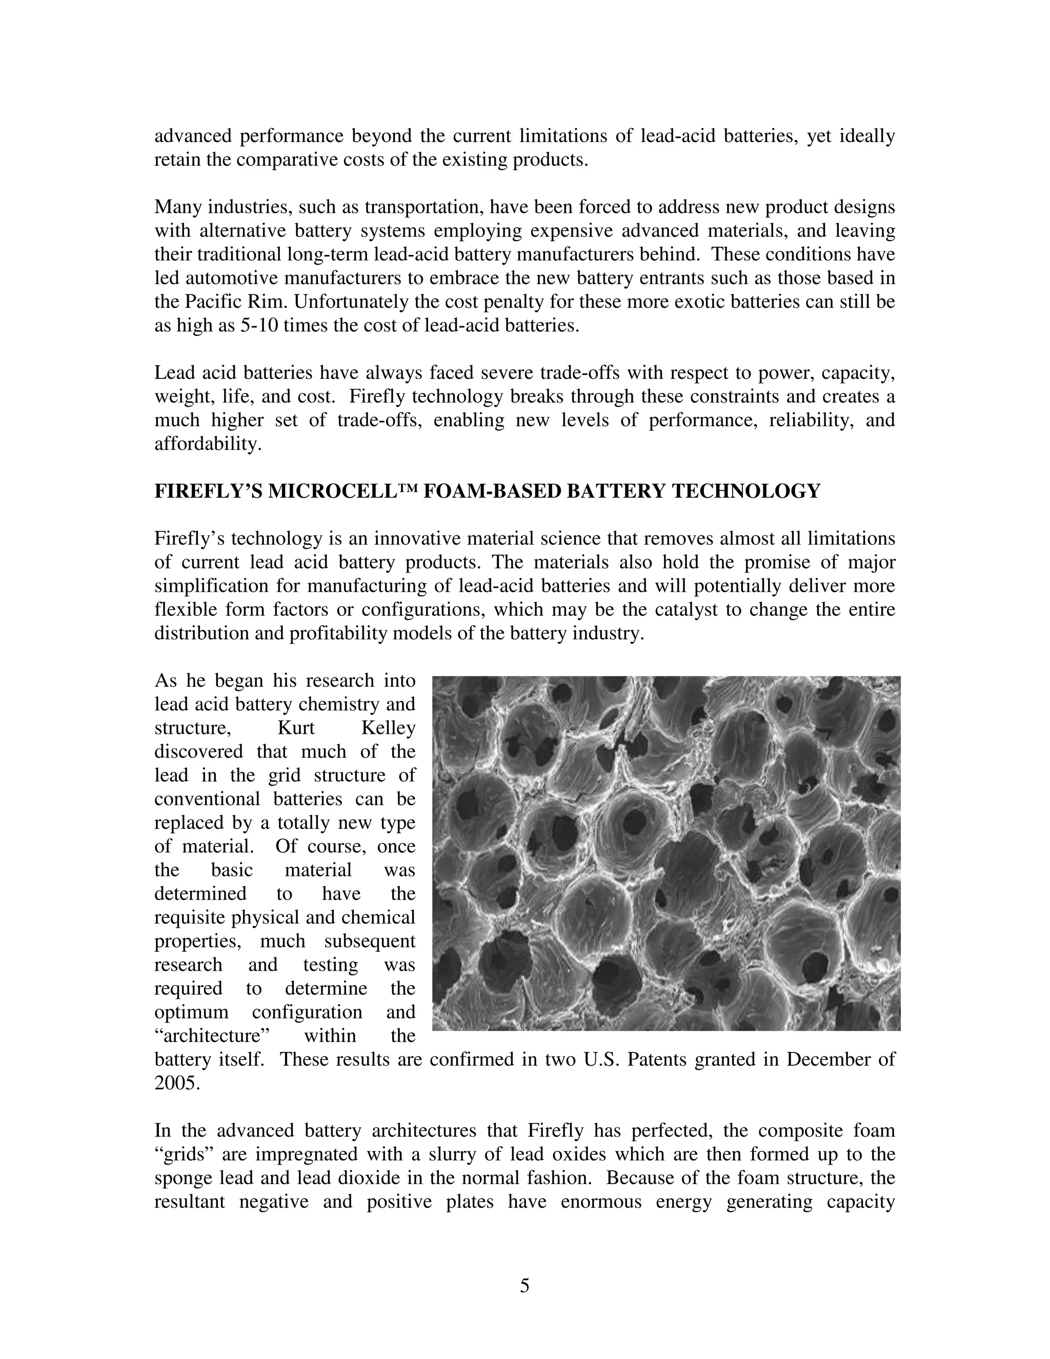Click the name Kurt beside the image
296,728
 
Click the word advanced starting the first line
193,136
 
